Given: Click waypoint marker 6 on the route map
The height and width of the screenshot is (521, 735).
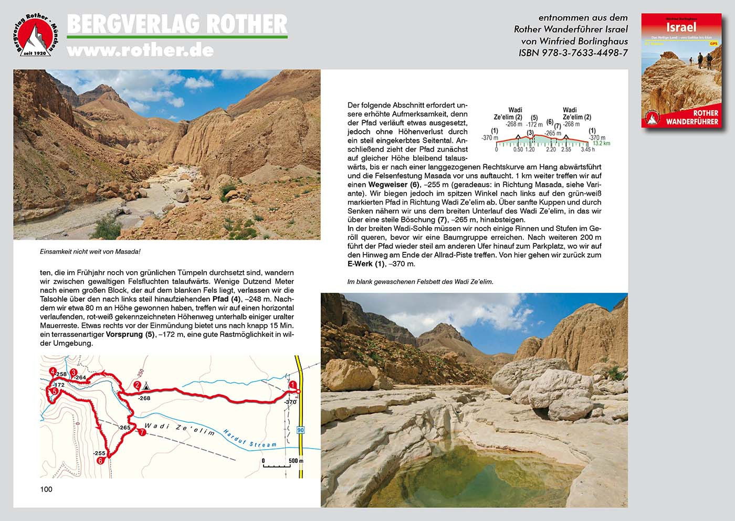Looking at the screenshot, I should [x=100, y=461].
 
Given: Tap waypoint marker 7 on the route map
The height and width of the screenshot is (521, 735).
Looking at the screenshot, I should [x=142, y=433].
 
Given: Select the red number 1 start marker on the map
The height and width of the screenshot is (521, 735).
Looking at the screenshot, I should [x=292, y=385].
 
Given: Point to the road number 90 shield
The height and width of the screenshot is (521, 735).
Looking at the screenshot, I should [x=300, y=430].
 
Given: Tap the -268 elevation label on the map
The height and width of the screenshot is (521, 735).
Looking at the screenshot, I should [x=144, y=398].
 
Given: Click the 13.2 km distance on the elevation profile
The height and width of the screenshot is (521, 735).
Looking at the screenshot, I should [x=601, y=143].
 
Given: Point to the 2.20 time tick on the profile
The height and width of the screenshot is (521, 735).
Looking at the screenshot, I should [x=551, y=150].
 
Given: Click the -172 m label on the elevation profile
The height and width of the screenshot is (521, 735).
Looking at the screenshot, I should [x=534, y=124].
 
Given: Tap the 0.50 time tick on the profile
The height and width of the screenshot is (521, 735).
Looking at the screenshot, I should [x=518, y=150].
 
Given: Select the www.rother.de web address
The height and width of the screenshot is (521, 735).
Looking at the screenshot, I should [x=140, y=50].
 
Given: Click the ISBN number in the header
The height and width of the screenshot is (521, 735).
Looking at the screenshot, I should [x=573, y=52].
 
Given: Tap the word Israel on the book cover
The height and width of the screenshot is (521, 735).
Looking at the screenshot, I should [x=681, y=27].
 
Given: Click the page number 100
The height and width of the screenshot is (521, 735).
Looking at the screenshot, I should [x=46, y=489].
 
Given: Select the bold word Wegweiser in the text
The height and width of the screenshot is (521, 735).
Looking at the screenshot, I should [x=388, y=185].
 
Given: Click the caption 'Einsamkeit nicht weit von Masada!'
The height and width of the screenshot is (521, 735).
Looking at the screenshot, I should [x=90, y=252].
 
